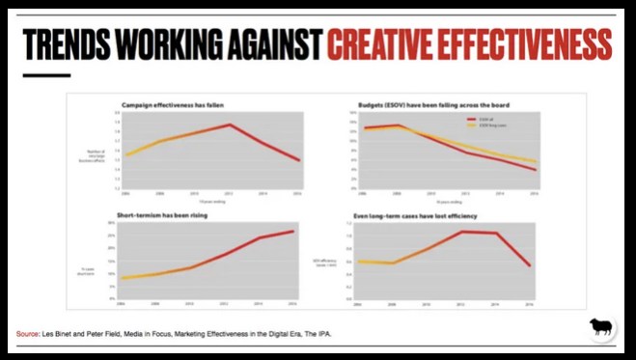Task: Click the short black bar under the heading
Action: pos(46,75)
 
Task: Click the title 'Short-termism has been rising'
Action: pos(164,215)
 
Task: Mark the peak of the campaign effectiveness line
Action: pos(230,125)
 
